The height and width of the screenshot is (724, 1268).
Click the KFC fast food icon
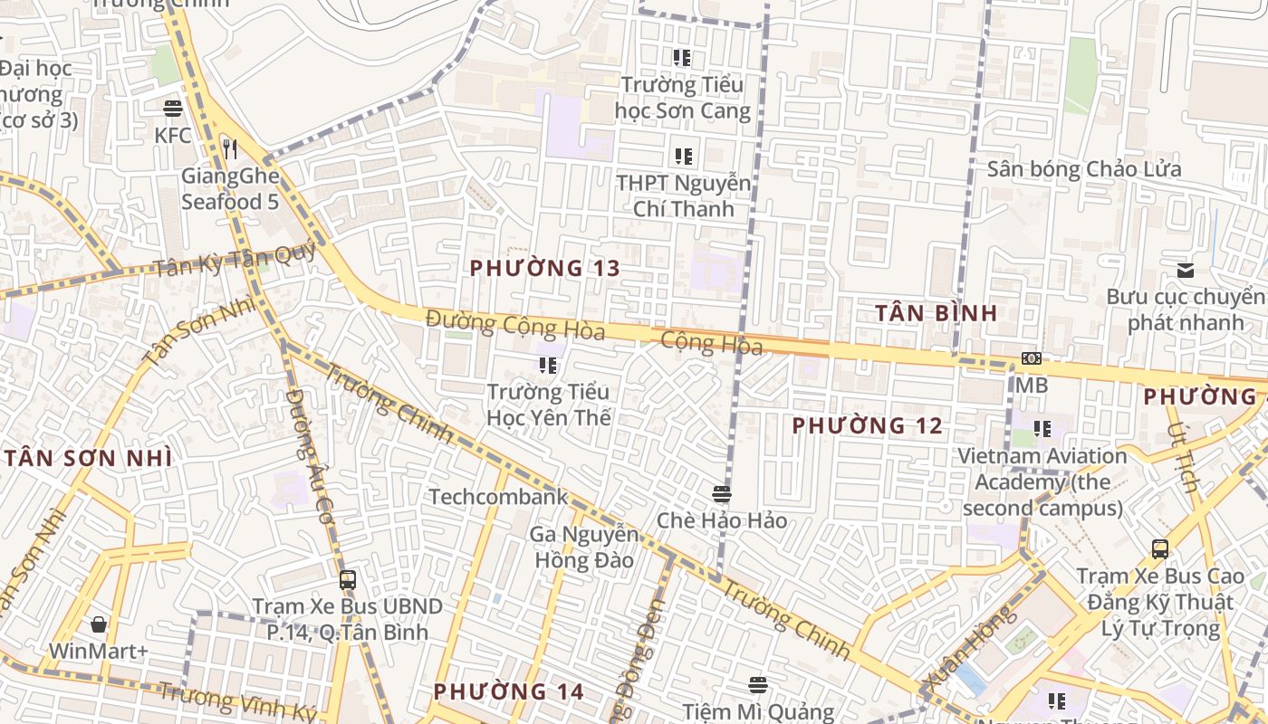pos(173,109)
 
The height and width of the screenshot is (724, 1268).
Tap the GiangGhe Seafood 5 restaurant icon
pos(230,148)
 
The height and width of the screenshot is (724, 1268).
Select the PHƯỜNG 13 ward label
pos(545,268)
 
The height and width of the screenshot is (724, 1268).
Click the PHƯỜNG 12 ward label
pos(867,425)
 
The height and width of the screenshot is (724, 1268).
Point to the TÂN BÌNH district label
pos(937,313)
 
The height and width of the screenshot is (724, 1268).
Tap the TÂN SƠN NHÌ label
pos(88,458)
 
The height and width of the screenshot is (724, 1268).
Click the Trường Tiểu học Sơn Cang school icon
pos(682,58)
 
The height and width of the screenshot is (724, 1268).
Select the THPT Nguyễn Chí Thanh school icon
pos(684,156)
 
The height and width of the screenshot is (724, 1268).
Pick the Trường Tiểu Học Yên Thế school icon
pos(548,365)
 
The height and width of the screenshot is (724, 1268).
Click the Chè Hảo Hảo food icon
pos(722,494)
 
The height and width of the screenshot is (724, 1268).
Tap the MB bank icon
pos(1031,358)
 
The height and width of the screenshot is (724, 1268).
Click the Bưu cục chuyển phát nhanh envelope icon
pos(1185,270)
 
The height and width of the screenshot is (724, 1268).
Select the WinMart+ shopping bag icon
pos(99,624)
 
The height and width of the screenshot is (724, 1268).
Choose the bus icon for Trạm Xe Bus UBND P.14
pos(347,579)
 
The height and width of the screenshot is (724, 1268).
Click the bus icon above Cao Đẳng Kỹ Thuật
pos(1159,548)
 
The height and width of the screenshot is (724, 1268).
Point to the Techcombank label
pos(498,497)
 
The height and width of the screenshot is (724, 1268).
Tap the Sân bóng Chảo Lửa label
pos(1084,169)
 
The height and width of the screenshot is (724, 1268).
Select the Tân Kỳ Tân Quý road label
pos(234,262)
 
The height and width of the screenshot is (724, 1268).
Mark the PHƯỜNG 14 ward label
pos(508,692)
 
